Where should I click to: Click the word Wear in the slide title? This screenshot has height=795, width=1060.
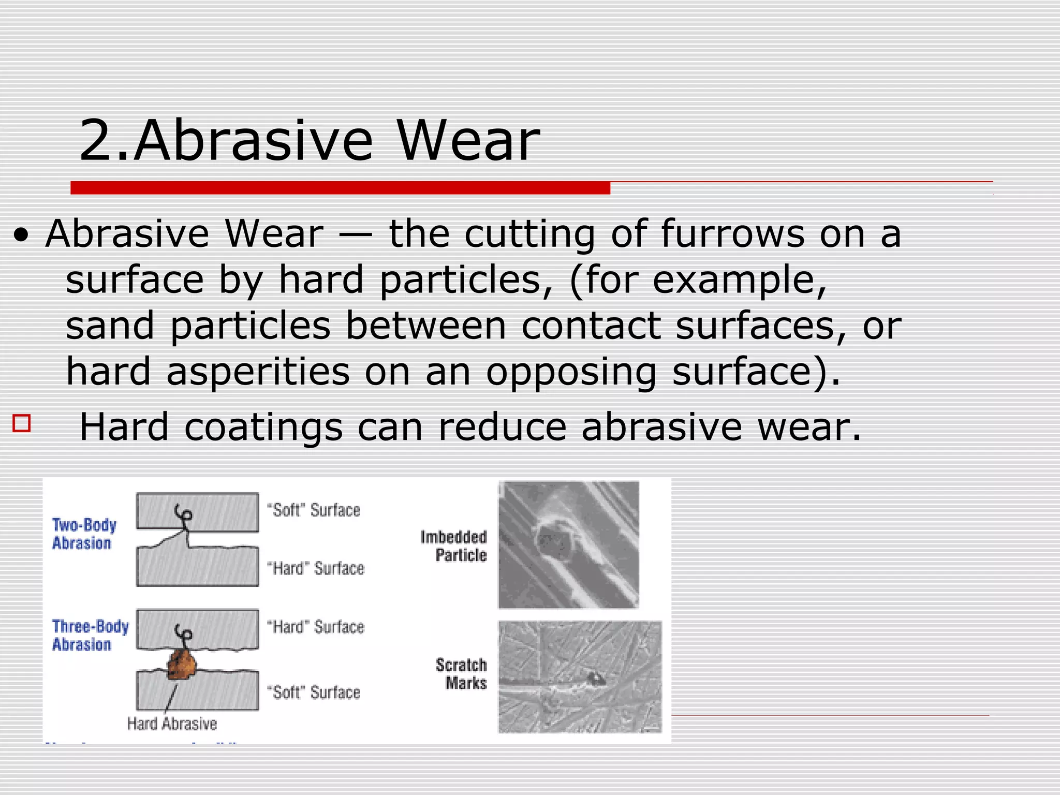[x=468, y=141]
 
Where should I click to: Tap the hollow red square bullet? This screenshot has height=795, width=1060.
[x=22, y=423]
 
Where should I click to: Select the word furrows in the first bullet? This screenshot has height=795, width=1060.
[x=732, y=234]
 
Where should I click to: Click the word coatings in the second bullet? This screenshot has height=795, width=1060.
[x=263, y=428]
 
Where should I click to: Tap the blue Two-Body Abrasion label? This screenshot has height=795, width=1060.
[x=84, y=534]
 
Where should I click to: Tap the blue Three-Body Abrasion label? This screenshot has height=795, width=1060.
[x=90, y=635]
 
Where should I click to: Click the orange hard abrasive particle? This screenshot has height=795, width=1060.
[x=182, y=665]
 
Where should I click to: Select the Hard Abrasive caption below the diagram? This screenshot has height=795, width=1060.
[x=172, y=724]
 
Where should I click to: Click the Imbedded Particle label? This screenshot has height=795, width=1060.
[x=454, y=546]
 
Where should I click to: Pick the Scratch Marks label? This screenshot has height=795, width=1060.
[x=462, y=673]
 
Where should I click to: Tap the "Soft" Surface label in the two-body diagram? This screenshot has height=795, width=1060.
[x=314, y=510]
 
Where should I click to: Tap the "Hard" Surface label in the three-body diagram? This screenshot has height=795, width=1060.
[x=316, y=627]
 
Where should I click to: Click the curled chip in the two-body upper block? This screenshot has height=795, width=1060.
[x=184, y=514]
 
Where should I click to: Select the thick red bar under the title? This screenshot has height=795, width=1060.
[x=340, y=188]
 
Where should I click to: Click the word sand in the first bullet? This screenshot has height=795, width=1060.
[x=110, y=326]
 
